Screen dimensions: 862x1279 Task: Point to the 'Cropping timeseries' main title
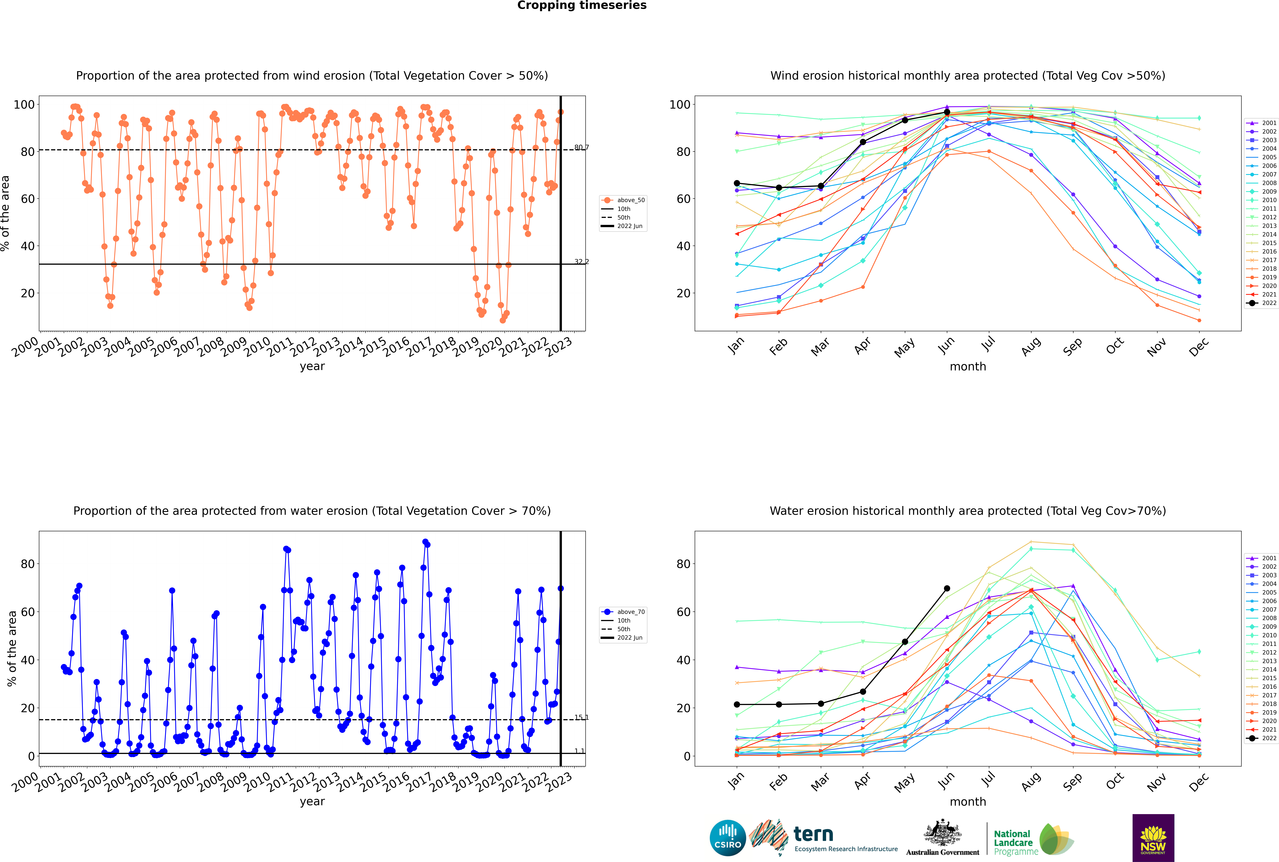tap(582, 5)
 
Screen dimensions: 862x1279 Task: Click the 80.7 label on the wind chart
tap(581, 147)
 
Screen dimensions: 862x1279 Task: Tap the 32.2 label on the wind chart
tap(581, 262)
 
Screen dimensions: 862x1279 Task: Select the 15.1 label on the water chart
tap(581, 717)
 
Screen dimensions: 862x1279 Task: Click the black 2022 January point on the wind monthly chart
tap(737, 183)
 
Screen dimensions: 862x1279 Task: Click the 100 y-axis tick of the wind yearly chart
tap(24, 105)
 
